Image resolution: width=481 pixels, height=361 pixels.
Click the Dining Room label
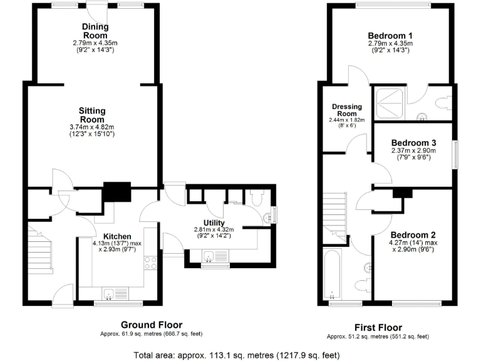click(x=95, y=31)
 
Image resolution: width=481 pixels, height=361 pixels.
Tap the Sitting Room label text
click(x=92, y=115)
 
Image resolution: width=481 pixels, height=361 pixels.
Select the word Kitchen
click(x=117, y=236)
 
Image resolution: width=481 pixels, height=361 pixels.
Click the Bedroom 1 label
click(x=390, y=35)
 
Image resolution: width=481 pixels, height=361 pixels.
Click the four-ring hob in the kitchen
click(x=150, y=263)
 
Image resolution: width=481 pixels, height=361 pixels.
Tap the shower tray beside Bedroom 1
click(x=389, y=101)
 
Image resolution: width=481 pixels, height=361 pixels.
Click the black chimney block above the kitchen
click(x=116, y=191)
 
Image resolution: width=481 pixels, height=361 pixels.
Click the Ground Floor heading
click(x=152, y=325)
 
